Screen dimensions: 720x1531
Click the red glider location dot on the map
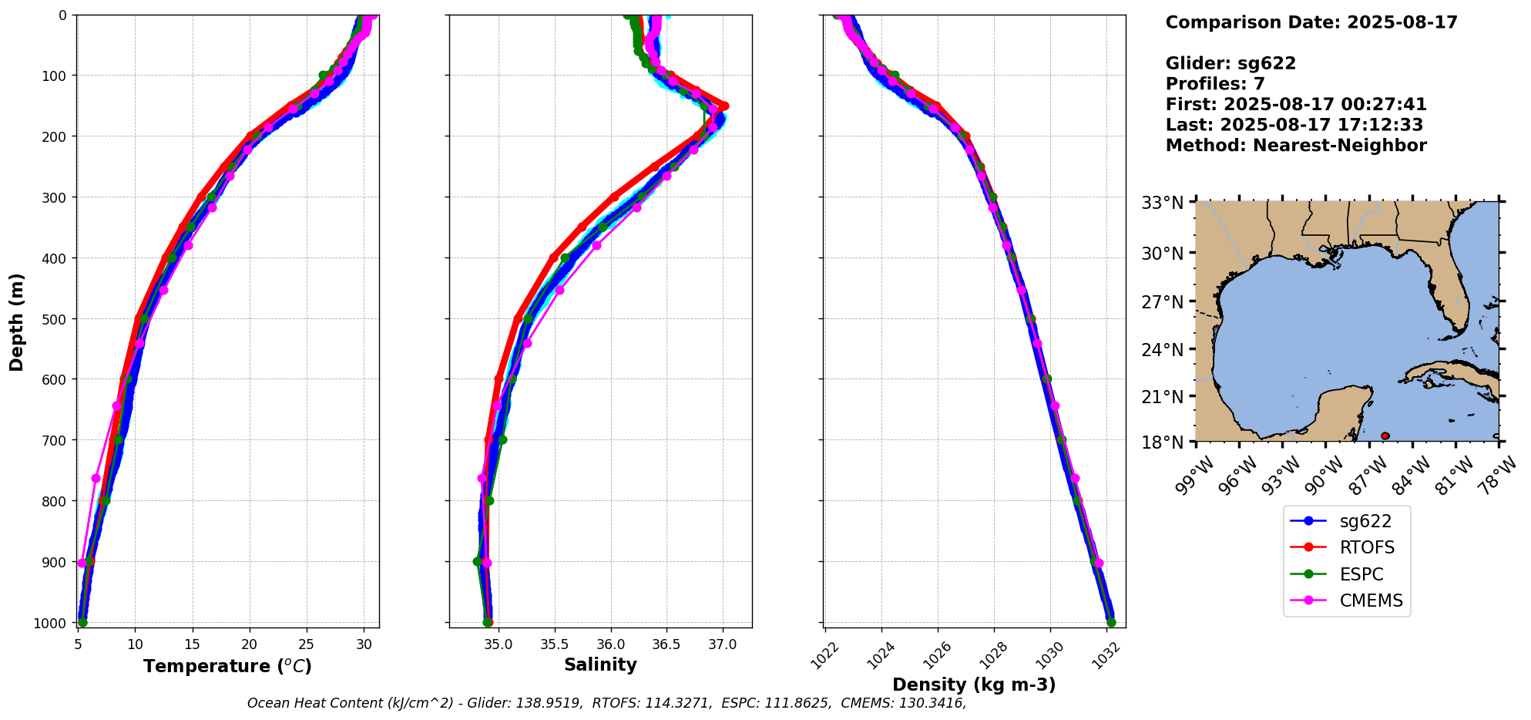coord(1385,436)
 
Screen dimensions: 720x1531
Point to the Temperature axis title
coord(227,666)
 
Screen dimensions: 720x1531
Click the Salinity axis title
coord(600,665)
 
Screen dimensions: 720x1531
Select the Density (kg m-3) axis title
coord(974,685)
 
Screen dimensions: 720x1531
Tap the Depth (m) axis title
coord(17,321)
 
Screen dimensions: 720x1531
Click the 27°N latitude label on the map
coord(1162,302)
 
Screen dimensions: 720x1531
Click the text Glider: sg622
coord(1231,64)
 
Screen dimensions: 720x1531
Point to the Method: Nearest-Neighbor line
coord(1295,146)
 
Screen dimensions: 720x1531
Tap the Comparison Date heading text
coord(1311,22)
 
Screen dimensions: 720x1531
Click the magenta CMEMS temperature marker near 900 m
coord(82,563)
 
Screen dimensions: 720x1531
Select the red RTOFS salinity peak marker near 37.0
coord(724,106)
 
